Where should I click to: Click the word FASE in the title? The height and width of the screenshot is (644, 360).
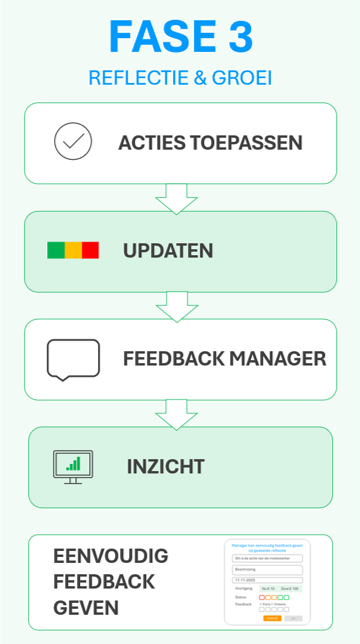pyautogui.click(x=156, y=36)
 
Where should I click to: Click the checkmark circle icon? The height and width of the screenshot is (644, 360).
pyautogui.click(x=73, y=142)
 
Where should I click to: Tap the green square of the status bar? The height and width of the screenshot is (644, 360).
pyautogui.click(x=56, y=250)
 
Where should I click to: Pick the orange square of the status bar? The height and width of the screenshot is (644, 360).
pyautogui.click(x=73, y=250)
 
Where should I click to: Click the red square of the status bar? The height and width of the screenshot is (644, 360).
pyautogui.click(x=90, y=250)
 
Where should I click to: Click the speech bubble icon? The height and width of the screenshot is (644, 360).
pyautogui.click(x=73, y=359)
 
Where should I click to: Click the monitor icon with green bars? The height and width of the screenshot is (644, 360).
pyautogui.click(x=73, y=466)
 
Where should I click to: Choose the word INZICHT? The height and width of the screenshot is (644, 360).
pyautogui.click(x=165, y=466)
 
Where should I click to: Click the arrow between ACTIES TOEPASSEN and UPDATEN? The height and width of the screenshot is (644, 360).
pyautogui.click(x=177, y=198)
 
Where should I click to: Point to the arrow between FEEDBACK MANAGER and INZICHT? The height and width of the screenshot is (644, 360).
pyautogui.click(x=177, y=413)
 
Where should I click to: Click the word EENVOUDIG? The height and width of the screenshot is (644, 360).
pyautogui.click(x=111, y=557)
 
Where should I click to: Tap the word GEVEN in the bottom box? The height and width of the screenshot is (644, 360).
pyautogui.click(x=87, y=607)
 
